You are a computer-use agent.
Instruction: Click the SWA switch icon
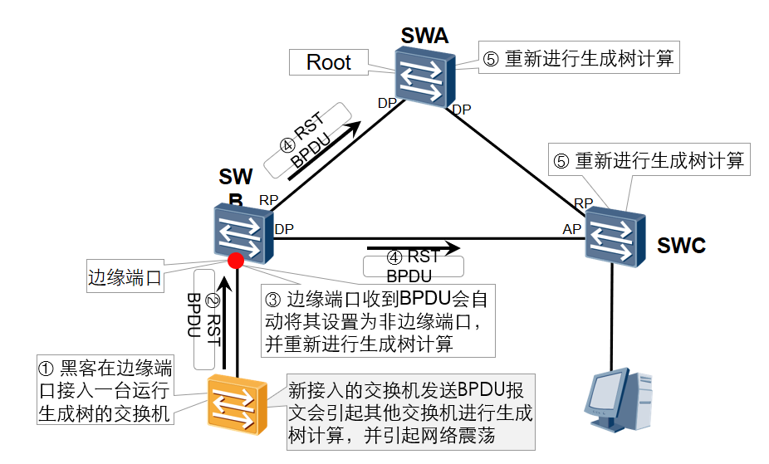click(424, 76)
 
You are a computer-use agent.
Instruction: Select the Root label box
click(329, 62)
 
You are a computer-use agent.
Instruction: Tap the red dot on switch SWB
click(236, 261)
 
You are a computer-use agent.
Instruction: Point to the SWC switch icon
click(615, 237)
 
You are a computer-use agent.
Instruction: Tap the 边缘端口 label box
click(125, 277)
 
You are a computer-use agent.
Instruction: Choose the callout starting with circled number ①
click(105, 389)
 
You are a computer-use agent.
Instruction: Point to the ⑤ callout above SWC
click(649, 160)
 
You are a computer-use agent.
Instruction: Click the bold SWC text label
click(681, 246)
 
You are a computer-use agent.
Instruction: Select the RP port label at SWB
click(268, 200)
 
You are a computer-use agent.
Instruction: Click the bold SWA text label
click(424, 36)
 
